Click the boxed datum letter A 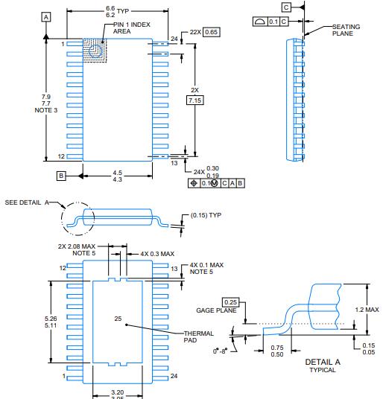(x=47, y=16)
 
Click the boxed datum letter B (x=62, y=176)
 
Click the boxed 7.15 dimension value (x=195, y=99)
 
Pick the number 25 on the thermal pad (x=118, y=319)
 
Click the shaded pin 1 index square (x=95, y=51)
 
